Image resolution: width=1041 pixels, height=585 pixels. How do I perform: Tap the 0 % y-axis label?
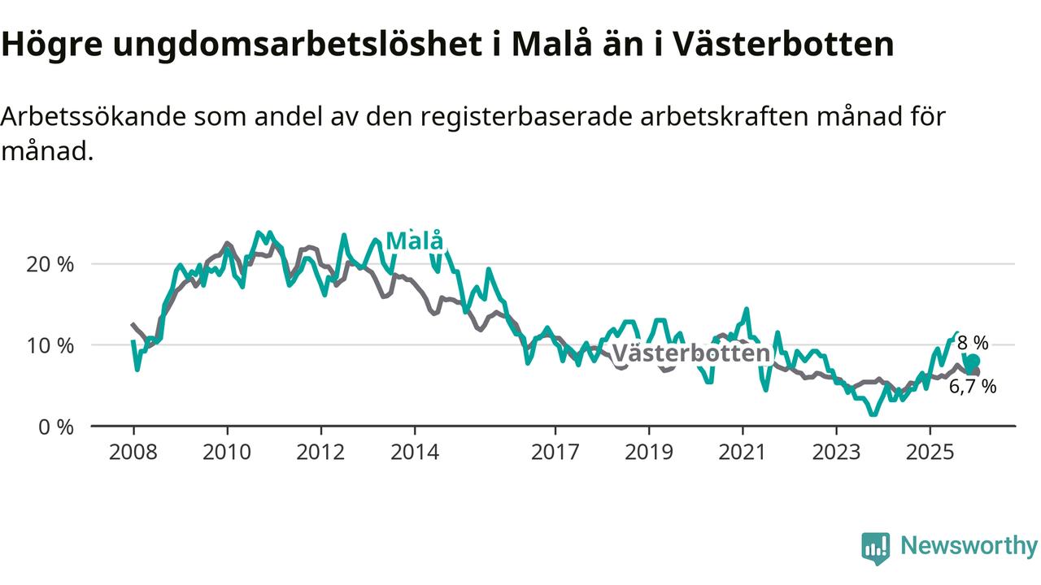coord(55,426)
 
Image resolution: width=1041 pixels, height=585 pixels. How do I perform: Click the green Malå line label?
coord(415,241)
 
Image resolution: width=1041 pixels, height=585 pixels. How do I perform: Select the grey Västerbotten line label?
coord(690,353)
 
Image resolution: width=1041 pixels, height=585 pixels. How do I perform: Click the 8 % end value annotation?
coord(973,343)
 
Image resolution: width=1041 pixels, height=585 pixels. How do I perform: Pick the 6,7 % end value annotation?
coord(973,387)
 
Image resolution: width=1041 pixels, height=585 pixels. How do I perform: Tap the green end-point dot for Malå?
coord(973,362)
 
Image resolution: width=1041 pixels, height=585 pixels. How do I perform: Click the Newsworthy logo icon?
coord(875,548)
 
